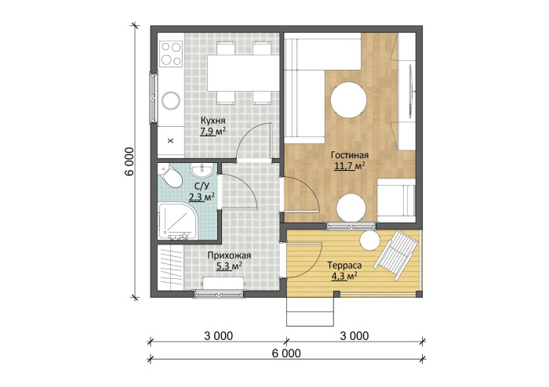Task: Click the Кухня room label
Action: tap(213, 121)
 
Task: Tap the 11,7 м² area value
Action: tap(350, 166)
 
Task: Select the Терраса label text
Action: tap(344, 266)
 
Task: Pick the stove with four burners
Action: tap(171, 54)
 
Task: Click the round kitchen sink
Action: tap(171, 100)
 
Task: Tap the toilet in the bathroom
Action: tap(170, 177)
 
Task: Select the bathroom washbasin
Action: tap(202, 170)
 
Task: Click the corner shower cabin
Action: tap(177, 221)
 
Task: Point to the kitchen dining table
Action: tap(243, 73)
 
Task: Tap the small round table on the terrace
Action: tap(370, 241)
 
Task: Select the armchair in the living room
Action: tap(397, 201)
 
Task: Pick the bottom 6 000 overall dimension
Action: tap(286, 353)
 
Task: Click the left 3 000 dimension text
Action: tap(218, 336)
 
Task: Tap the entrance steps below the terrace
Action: tap(310, 312)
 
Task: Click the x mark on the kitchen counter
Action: tap(171, 141)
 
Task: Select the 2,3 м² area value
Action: tap(202, 198)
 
